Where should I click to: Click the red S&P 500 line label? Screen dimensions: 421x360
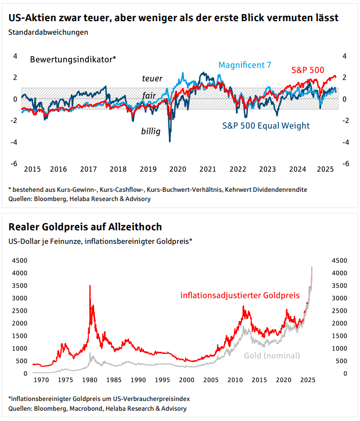pyautogui.click(x=307, y=70)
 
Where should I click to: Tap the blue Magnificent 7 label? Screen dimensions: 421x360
pyautogui.click(x=245, y=66)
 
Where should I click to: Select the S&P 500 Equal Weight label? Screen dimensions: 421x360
pyautogui.click(x=266, y=126)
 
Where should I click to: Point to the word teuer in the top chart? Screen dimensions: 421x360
pyautogui.click(x=152, y=79)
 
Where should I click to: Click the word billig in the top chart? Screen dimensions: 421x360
pyautogui.click(x=150, y=131)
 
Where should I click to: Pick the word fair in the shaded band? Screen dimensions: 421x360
pyautogui.click(x=149, y=95)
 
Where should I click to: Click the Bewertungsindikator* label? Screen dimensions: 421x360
pyautogui.click(x=73, y=59)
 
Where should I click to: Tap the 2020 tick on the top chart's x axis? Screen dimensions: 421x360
pyautogui.click(x=178, y=169)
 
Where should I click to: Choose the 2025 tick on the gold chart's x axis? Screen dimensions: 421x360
pyautogui.click(x=307, y=380)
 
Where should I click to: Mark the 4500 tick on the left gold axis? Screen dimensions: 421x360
pyautogui.click(x=19, y=260)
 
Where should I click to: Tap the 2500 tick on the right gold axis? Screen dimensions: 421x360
pyautogui.click(x=336, y=310)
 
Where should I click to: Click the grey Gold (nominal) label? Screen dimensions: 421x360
pyautogui.click(x=272, y=356)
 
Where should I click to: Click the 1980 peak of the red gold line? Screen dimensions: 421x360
pyautogui.click(x=90, y=286)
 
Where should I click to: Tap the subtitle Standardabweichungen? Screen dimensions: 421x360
pyautogui.click(x=48, y=31)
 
